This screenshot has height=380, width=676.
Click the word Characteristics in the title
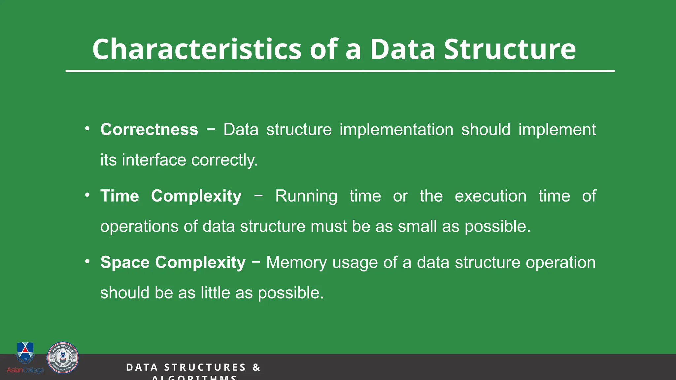click(x=196, y=49)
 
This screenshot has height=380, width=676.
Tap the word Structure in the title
click(x=510, y=49)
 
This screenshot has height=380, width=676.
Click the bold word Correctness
click(x=149, y=129)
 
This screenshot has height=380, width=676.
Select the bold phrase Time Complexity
click(x=171, y=196)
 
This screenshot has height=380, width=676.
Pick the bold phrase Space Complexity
click(x=173, y=263)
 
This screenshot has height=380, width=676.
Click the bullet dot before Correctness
click(x=87, y=129)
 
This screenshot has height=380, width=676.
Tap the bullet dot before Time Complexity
click(x=87, y=195)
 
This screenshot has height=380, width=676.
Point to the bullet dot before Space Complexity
click(x=87, y=262)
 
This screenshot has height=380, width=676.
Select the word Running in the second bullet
click(x=306, y=196)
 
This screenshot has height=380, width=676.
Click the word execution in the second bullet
click(x=490, y=196)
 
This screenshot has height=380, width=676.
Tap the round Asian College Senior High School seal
click(x=63, y=358)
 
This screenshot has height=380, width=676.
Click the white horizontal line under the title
click(x=340, y=71)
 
